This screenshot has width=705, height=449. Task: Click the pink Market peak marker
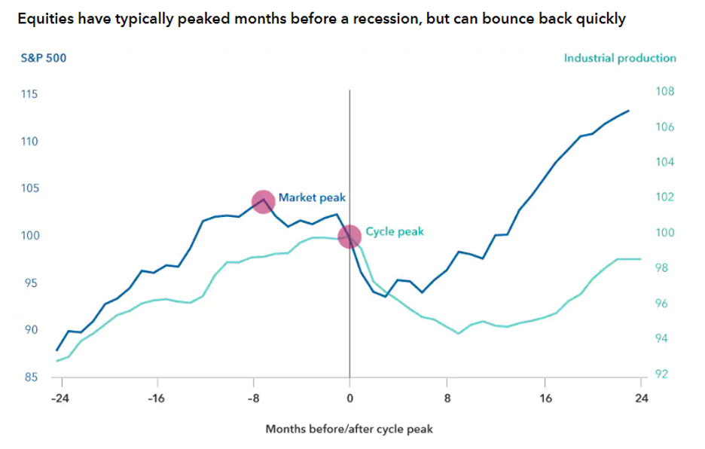(263, 201)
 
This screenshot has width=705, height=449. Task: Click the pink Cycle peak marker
(349, 237)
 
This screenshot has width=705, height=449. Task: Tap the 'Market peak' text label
(312, 197)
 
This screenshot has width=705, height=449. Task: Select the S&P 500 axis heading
(44, 58)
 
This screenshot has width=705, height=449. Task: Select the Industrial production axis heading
(620, 58)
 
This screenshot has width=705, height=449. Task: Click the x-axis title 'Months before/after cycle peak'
(349, 429)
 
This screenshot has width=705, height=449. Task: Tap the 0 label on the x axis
(349, 399)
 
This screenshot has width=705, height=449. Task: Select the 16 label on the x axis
(545, 399)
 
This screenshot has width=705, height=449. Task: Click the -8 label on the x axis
(253, 399)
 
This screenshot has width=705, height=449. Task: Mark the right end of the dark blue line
(629, 111)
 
